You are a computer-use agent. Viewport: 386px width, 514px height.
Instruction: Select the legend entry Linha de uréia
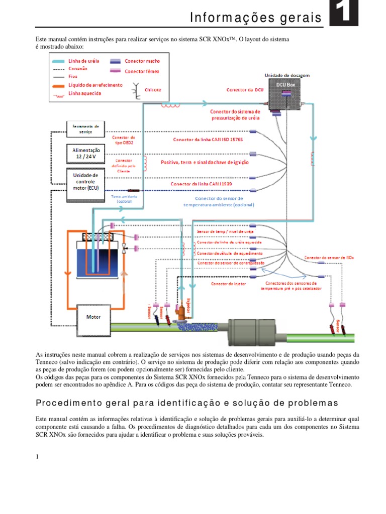tap(84, 61)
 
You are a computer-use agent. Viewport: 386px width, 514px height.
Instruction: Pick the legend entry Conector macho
tap(142, 61)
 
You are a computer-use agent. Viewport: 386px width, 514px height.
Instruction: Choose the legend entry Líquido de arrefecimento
tap(95, 85)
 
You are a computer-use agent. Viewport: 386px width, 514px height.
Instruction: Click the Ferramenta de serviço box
tap(86, 128)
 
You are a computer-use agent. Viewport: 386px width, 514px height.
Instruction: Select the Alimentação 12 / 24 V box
tap(86, 153)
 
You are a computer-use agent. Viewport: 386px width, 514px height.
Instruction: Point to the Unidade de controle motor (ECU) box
tap(86, 182)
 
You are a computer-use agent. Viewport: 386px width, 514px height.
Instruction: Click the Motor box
tap(93, 317)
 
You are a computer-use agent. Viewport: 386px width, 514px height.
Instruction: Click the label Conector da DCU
tap(245, 90)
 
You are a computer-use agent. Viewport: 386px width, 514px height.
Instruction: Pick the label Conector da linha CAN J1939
tap(201, 184)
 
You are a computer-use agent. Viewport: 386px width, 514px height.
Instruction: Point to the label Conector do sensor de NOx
tap(329, 258)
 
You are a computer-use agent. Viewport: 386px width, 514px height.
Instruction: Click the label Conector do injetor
tap(229, 284)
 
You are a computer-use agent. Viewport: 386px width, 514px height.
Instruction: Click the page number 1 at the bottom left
tap(37, 456)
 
